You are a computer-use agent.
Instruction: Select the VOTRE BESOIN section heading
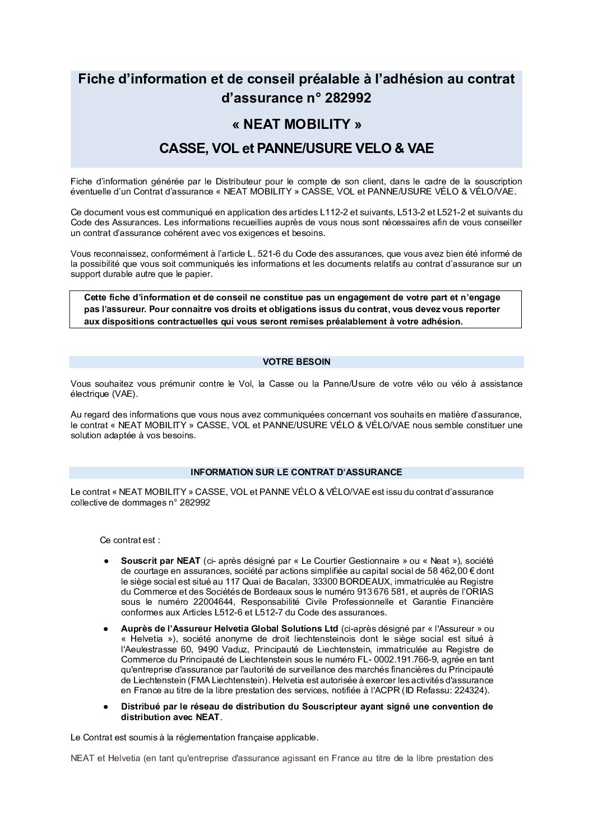(296, 362)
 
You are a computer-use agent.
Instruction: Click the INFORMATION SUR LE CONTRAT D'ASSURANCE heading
(296, 472)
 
